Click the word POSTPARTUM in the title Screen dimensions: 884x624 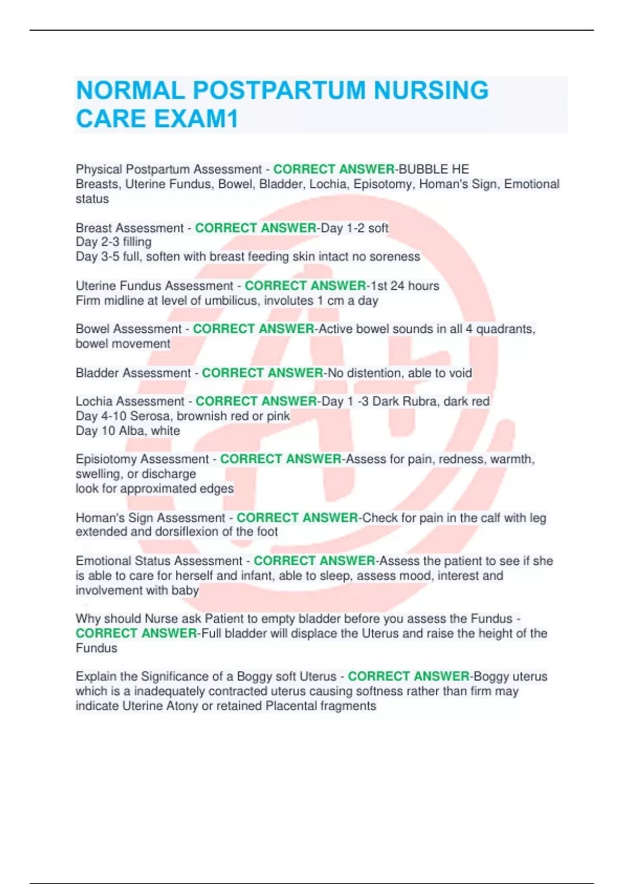[279, 90]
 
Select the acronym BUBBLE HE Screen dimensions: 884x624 [434, 170]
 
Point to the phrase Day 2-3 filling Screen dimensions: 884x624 [113, 242]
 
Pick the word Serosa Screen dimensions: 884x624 [151, 416]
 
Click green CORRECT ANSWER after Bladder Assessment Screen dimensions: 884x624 [262, 373]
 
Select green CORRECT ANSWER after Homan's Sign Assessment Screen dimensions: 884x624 [297, 518]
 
